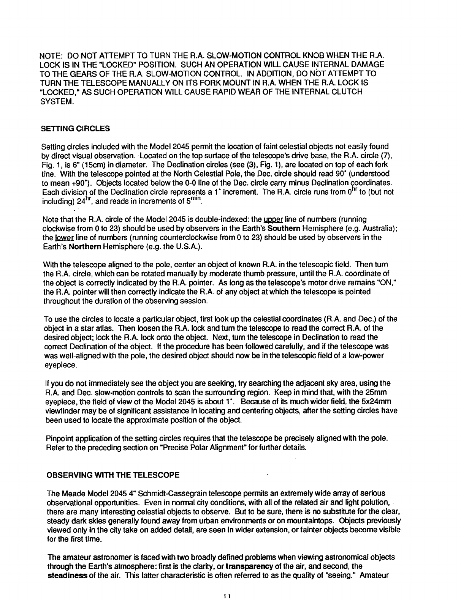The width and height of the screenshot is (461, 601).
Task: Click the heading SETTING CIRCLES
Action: [75, 129]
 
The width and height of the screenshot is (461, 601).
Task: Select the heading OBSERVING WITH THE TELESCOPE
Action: [112, 475]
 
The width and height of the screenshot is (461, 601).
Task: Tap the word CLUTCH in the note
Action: [349, 92]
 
